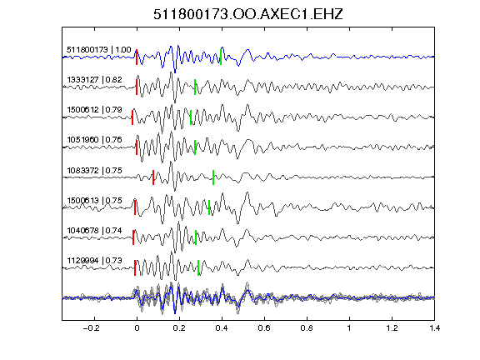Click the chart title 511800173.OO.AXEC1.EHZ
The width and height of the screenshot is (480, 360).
click(x=248, y=14)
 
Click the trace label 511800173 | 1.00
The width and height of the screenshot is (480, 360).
click(x=99, y=50)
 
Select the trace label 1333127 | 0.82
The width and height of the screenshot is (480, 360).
click(x=95, y=80)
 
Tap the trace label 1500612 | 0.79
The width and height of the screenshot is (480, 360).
click(x=95, y=110)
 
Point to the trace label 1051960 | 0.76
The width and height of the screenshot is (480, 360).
click(x=95, y=140)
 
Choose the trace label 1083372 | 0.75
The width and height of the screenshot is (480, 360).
click(x=95, y=170)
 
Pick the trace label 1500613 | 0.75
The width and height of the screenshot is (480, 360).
click(x=95, y=200)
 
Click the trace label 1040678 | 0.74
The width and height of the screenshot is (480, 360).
click(x=95, y=230)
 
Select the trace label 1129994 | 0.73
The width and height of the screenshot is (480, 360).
click(x=95, y=260)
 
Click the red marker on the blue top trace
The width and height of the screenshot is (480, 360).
click(x=137, y=57)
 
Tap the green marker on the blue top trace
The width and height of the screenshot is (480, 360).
click(x=221, y=57)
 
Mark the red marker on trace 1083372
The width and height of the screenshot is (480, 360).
click(x=153, y=177)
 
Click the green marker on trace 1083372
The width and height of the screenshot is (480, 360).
click(x=213, y=177)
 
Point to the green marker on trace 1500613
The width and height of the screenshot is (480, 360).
click(x=209, y=207)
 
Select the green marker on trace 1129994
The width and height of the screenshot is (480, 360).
click(x=198, y=267)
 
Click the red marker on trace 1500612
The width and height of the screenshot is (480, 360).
click(x=132, y=117)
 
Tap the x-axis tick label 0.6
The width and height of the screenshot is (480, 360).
click(x=264, y=328)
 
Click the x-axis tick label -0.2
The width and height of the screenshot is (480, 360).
click(x=91, y=328)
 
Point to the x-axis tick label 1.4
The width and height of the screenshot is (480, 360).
click(x=434, y=328)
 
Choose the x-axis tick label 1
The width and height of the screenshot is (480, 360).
click(x=349, y=328)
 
